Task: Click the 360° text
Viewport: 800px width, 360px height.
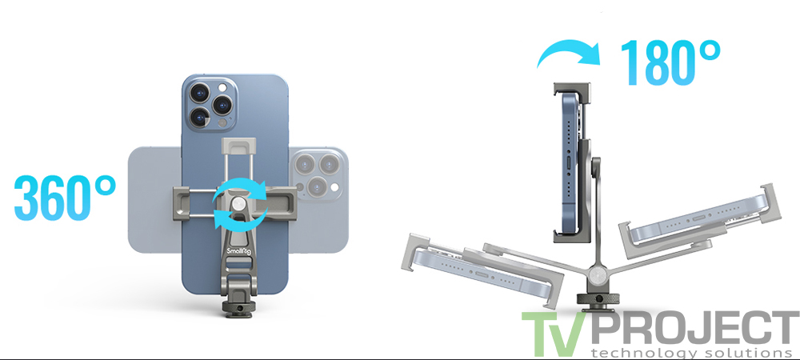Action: pyautogui.click(x=66, y=198)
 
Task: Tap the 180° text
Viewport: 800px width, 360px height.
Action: pyautogui.click(x=670, y=62)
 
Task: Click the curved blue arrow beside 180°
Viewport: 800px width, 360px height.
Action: pyautogui.click(x=568, y=53)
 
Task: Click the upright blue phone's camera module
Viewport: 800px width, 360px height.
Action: pyautogui.click(x=210, y=104)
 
